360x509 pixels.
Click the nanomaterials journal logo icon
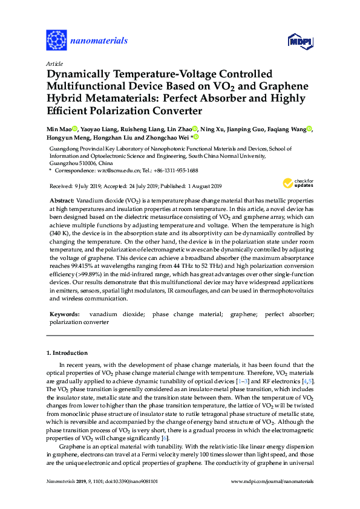pos(56,41)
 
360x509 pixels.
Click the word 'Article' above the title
pos(54,63)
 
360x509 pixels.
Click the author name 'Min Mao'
pos(57,129)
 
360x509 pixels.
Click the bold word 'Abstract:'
pos(62,199)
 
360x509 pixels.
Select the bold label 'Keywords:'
pos(64,314)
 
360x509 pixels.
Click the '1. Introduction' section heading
pos(70,352)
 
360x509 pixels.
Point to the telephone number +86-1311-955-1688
pos(184,171)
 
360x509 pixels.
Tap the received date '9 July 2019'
pos(87,186)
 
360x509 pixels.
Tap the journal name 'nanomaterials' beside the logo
pos(99,41)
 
